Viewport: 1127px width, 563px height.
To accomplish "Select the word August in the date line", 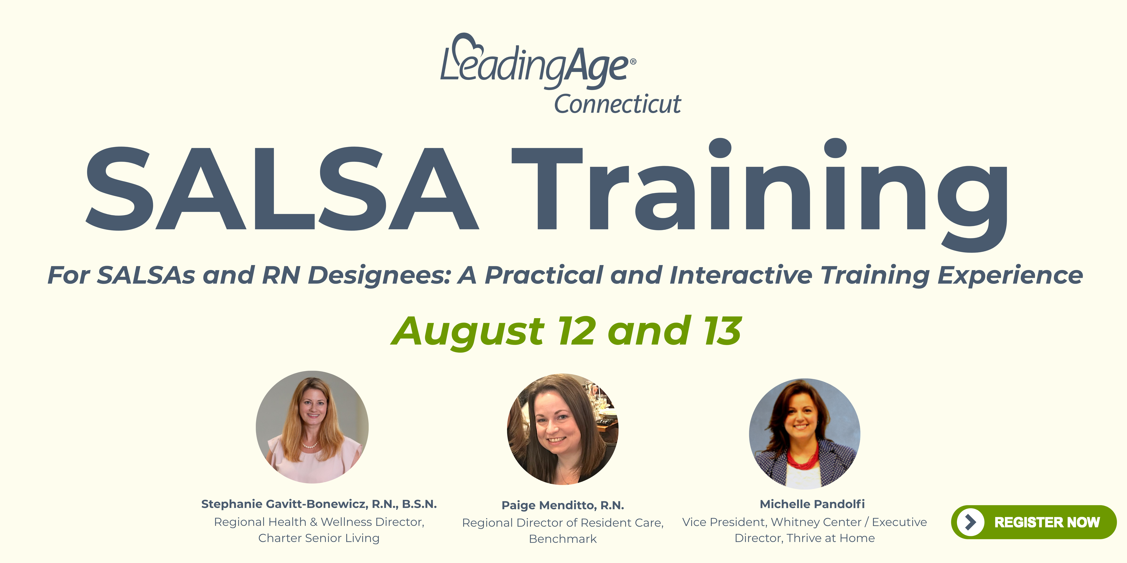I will (x=468, y=332).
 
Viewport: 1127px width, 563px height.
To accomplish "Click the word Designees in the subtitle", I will (x=379, y=275).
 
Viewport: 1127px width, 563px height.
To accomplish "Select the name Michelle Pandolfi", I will (x=812, y=504).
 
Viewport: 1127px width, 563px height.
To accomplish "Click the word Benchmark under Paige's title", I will (x=563, y=539).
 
